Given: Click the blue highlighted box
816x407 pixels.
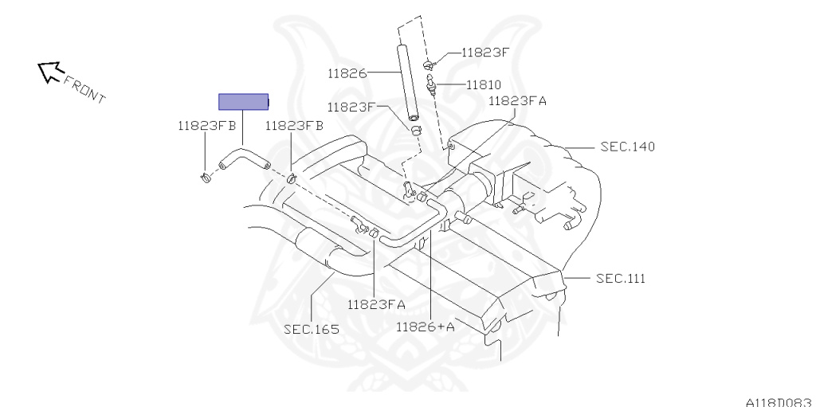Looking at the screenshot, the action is click(x=243, y=102).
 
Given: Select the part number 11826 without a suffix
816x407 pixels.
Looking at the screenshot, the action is click(x=346, y=74).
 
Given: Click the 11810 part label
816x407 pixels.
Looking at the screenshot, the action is click(x=484, y=84).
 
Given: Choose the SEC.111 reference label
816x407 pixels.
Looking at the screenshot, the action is click(x=620, y=278).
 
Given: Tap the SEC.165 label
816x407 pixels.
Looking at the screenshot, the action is click(x=310, y=327).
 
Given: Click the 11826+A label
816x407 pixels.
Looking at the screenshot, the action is click(x=426, y=326).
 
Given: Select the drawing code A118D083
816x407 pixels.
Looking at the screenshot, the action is click(x=779, y=401).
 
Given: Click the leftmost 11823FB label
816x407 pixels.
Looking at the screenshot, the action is click(x=206, y=125).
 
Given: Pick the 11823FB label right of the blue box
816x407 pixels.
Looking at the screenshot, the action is click(x=294, y=125).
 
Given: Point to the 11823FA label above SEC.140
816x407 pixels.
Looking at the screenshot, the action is click(x=517, y=101).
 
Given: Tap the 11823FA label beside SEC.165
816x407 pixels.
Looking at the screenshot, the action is click(x=376, y=304).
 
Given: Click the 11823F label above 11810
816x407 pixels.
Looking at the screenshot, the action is click(x=485, y=53).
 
